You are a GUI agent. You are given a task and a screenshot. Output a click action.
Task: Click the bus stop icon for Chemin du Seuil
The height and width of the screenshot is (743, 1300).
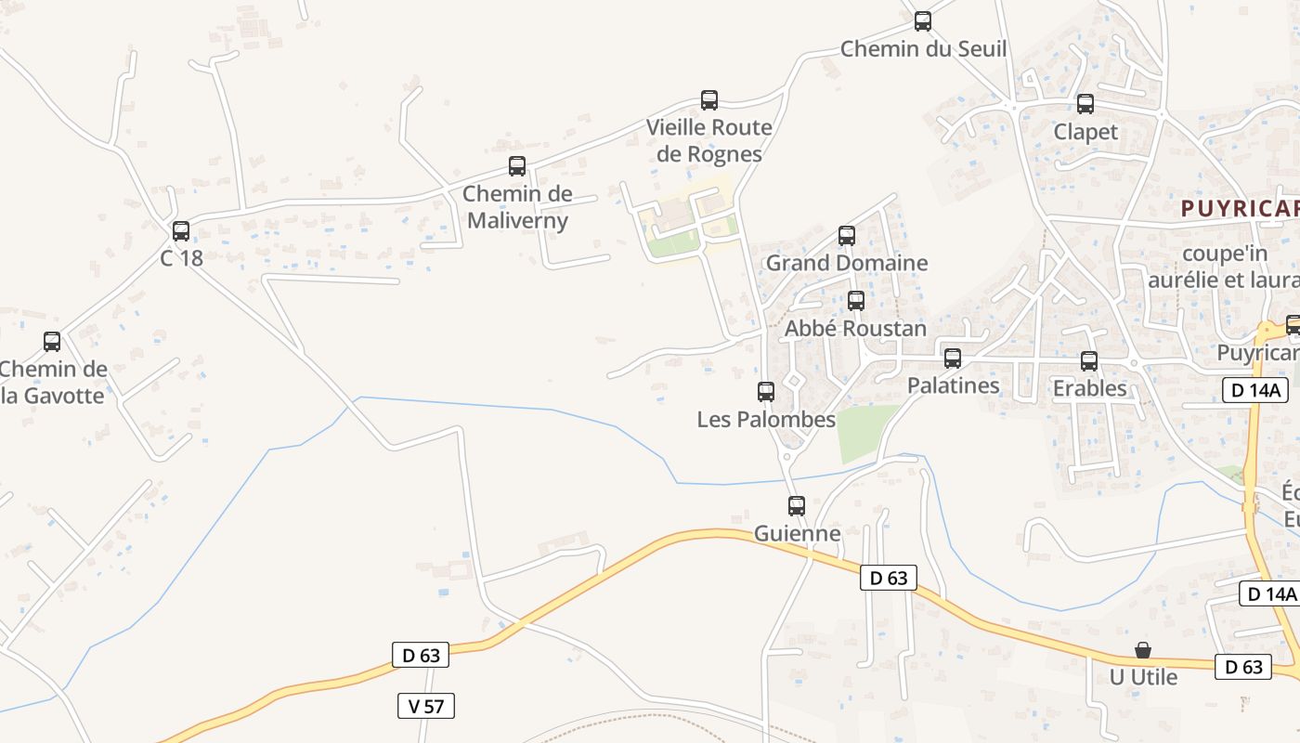tap(922, 21)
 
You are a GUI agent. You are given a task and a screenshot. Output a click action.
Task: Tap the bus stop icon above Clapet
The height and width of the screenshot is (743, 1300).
tap(1085, 104)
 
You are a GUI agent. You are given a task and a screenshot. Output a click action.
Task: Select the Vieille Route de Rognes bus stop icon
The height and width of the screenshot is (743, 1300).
tap(709, 100)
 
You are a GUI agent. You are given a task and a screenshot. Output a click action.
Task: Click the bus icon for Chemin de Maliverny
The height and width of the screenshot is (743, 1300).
tap(517, 166)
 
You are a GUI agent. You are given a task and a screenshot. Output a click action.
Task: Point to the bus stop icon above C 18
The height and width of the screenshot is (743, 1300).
tap(181, 230)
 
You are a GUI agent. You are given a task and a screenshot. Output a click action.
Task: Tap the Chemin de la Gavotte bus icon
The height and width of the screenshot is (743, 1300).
tap(52, 341)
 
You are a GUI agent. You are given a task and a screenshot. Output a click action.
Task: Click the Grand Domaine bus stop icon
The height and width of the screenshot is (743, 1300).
tap(847, 235)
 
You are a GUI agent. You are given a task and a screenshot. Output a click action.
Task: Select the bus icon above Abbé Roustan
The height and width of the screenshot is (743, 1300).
tap(856, 301)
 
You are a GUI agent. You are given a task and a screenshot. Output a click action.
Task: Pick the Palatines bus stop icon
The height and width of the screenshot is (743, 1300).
tap(953, 358)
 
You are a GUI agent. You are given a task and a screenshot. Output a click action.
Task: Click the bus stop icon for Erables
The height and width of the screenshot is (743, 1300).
tap(1089, 360)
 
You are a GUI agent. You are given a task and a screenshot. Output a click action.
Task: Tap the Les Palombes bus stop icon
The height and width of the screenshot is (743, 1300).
tap(766, 392)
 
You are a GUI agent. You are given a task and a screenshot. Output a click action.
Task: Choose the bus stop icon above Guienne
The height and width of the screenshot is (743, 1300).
tap(797, 505)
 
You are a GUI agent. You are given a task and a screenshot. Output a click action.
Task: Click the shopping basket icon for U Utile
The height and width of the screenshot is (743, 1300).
tap(1143, 649)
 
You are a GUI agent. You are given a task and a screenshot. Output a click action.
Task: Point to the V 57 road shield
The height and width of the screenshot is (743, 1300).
tap(426, 706)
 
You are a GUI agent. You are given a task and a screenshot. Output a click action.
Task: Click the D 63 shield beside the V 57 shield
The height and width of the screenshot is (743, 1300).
tap(421, 655)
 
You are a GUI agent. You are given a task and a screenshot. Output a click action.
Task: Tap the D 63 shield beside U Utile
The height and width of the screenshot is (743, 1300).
tap(1243, 667)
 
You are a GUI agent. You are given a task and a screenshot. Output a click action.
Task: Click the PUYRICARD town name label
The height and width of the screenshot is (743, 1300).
tap(1240, 209)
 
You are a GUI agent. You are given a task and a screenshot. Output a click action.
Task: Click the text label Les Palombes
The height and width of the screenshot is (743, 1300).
tap(766, 420)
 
